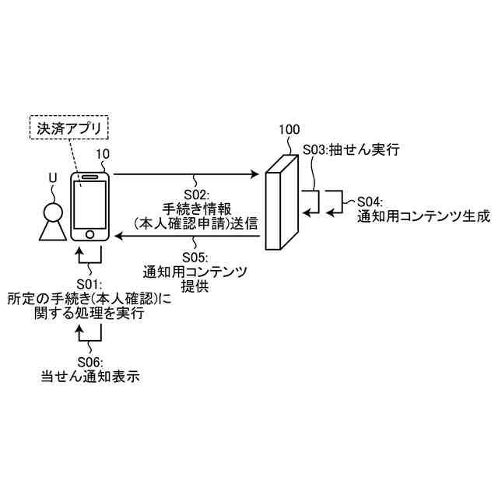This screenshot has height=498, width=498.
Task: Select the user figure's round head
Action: (52, 210)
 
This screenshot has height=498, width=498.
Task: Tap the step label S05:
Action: (195, 258)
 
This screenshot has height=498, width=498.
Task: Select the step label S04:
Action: (373, 199)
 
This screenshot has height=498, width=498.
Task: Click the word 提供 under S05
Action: (195, 287)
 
